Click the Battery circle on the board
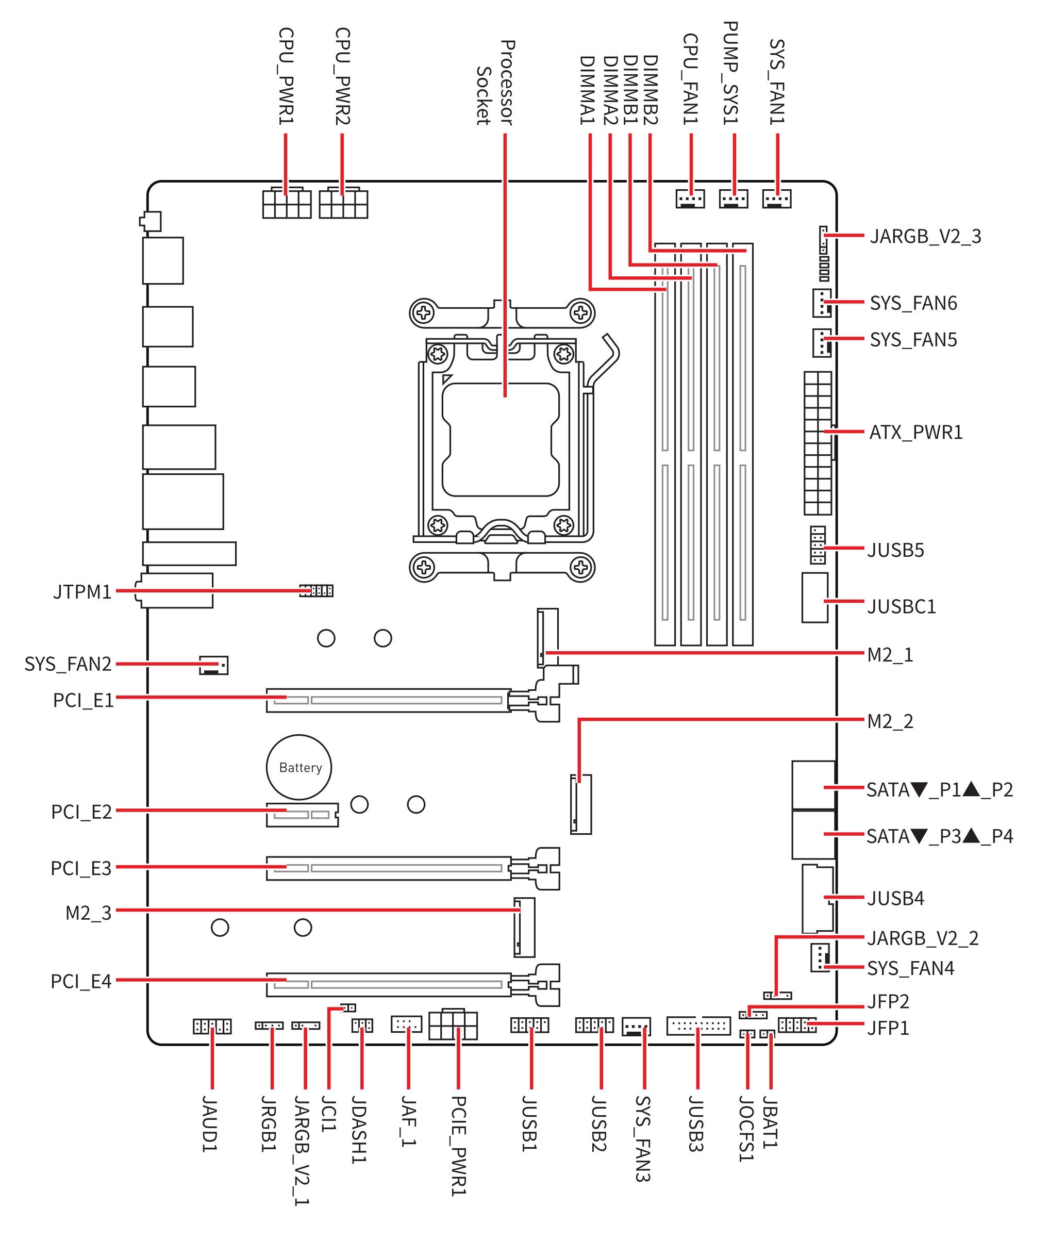(298, 767)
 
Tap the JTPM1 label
(82, 592)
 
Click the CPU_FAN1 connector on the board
(690, 199)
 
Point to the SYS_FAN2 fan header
(213, 665)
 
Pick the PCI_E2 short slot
(302, 814)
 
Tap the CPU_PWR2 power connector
(343, 203)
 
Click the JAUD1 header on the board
(212, 1026)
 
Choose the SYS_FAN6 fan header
(821, 303)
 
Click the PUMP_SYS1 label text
(731, 73)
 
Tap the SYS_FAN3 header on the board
(636, 1027)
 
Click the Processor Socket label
(495, 82)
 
